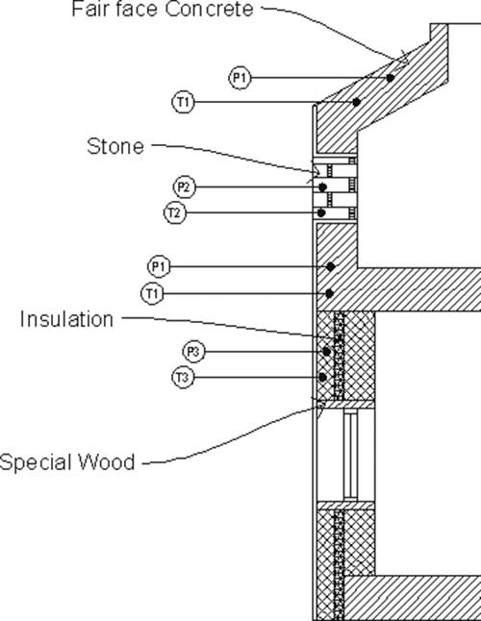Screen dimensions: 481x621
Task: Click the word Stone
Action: click(115, 146)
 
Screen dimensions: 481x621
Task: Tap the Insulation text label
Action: click(67, 319)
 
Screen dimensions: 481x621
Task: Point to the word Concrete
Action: click(209, 9)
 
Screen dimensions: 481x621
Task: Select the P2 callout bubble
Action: click(185, 187)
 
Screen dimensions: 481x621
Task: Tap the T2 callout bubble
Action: click(175, 213)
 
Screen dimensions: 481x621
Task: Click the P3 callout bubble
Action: click(193, 352)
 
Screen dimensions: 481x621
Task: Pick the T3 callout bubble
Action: click(183, 378)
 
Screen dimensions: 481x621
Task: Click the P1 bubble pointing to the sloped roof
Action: click(240, 78)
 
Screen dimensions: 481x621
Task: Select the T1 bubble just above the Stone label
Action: click(183, 102)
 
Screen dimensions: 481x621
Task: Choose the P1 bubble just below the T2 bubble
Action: click(159, 267)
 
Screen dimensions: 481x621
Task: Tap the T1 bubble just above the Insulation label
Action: click(152, 294)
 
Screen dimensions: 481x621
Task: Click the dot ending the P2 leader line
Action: click(323, 186)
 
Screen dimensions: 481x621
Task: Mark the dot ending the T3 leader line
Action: click(323, 378)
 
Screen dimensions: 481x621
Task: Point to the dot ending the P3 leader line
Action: click(326, 351)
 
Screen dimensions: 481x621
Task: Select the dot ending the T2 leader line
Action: click(321, 213)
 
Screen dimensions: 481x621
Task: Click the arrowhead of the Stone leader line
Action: click(316, 171)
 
